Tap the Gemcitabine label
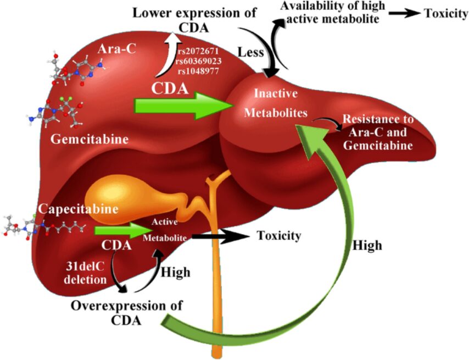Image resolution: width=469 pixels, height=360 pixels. pyautogui.click(x=90, y=140)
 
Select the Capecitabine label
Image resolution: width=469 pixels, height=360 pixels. pyautogui.click(x=78, y=209)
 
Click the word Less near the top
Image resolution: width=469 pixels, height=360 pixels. pyautogui.click(x=252, y=52)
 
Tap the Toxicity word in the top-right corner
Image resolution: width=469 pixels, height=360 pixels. pyautogui.click(x=444, y=13)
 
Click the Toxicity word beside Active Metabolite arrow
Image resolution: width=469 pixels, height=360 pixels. pyautogui.click(x=279, y=236)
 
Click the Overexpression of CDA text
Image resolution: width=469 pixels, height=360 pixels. pyautogui.click(x=126, y=312)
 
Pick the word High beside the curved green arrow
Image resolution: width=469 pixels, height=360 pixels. pyautogui.click(x=366, y=243)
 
